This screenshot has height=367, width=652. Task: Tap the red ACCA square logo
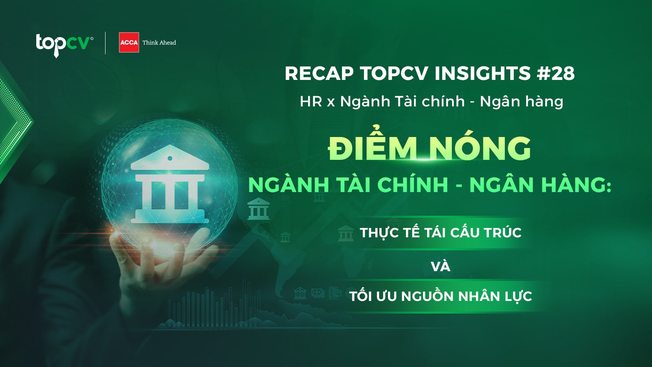click(x=129, y=42)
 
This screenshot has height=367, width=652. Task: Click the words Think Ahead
click(x=159, y=42)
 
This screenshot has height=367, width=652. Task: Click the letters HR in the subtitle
click(x=311, y=102)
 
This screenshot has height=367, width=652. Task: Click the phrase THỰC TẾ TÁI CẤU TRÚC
click(x=441, y=233)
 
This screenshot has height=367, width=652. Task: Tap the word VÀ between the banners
click(x=441, y=266)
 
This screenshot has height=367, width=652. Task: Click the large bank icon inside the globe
click(x=170, y=184)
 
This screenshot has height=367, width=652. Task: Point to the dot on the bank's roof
click(x=170, y=159)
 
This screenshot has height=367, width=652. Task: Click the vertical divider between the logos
click(x=106, y=43)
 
